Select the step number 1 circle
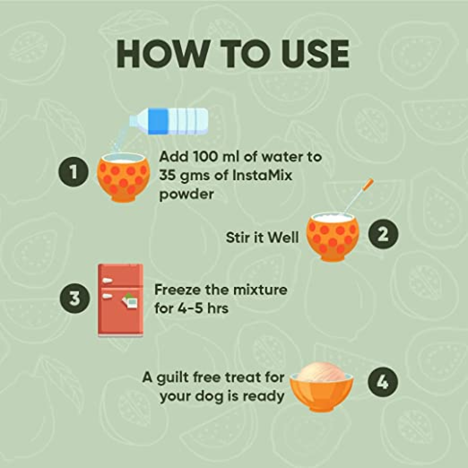(73, 172)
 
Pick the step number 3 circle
(74, 298)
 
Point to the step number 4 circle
(383, 382)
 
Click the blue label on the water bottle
(158, 122)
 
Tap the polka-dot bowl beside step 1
(123, 177)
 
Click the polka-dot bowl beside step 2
(333, 237)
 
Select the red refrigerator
(121, 300)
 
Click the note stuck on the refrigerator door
(130, 301)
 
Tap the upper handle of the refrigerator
(107, 280)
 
